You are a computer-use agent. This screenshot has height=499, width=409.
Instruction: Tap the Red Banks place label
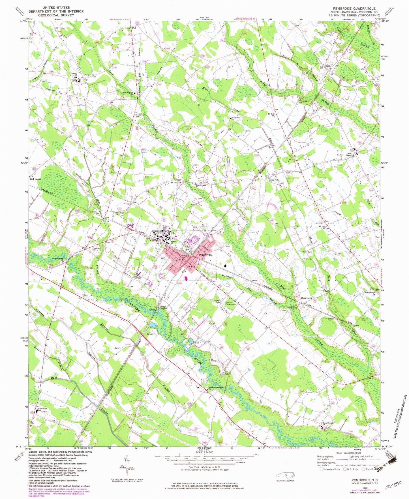click(36, 179)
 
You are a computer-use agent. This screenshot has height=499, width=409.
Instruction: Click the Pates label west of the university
click(130, 225)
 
